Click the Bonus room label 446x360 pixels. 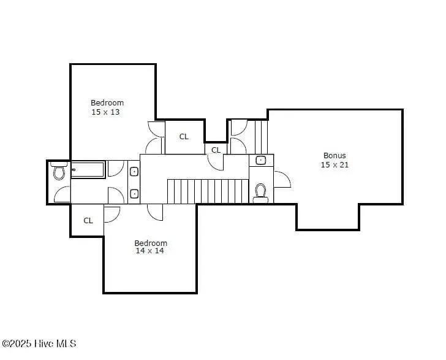click(334, 156)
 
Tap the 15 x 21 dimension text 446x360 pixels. click(334, 164)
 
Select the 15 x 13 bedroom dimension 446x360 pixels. click(105, 112)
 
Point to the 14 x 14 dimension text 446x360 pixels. click(149, 251)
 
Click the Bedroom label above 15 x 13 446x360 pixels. click(107, 102)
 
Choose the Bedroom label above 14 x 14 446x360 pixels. click(151, 243)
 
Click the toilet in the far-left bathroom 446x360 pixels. click(59, 170)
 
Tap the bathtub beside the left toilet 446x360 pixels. click(88, 170)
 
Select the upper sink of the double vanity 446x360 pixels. click(134, 172)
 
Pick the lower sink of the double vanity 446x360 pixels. click(134, 194)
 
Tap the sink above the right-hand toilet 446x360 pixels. click(260, 160)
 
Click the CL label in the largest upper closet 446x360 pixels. click(184, 137)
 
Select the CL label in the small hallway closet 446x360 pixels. click(216, 150)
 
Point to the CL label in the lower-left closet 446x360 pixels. click(88, 220)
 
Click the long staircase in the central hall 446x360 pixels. click(208, 191)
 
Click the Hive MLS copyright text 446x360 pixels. click(39, 343)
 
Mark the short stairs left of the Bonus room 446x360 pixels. click(261, 137)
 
